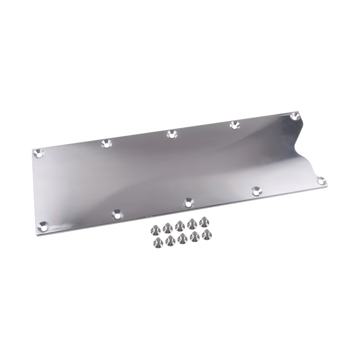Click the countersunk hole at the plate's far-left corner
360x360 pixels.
(x=39, y=153)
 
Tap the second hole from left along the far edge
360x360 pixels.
(x=106, y=144)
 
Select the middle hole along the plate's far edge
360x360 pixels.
(x=171, y=134)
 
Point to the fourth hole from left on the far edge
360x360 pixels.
(x=234, y=124)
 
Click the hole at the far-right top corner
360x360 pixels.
(x=295, y=116)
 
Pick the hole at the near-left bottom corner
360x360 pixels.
(x=43, y=225)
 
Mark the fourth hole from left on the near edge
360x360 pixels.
(x=256, y=190)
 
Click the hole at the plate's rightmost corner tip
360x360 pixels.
(x=321, y=180)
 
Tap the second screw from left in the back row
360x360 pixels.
(x=168, y=226)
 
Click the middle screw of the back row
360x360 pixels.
(x=180, y=225)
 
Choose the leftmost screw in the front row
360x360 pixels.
(x=158, y=242)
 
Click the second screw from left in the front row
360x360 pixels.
(x=170, y=240)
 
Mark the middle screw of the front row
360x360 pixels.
(x=182, y=238)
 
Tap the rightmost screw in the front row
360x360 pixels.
(x=207, y=234)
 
